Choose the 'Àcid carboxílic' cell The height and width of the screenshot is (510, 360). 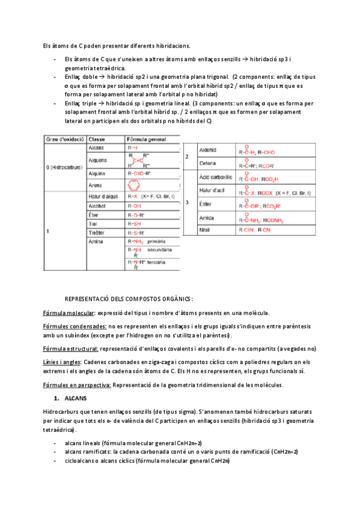pos(215,177)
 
